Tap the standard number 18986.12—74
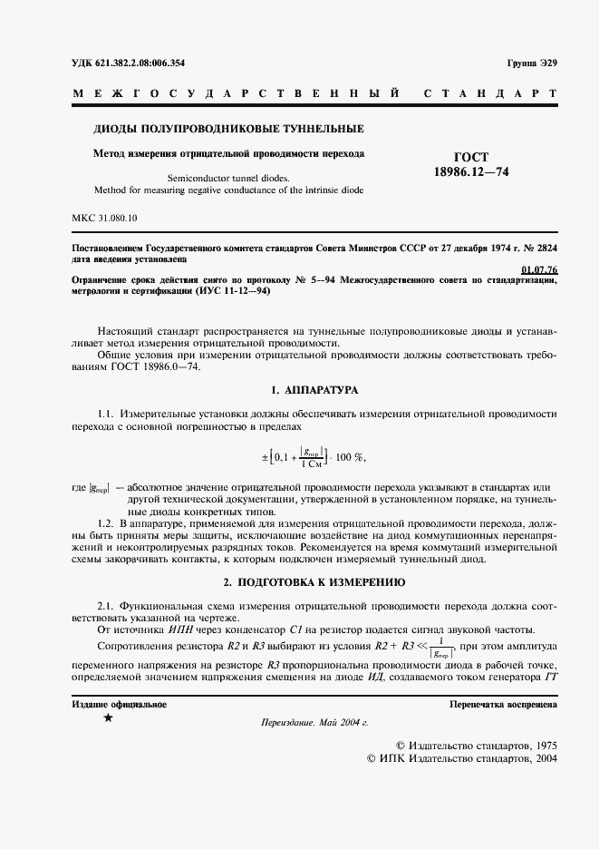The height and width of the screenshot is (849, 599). [471, 171]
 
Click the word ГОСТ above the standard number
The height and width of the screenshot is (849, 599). [471, 157]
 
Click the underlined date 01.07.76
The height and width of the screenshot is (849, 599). [540, 269]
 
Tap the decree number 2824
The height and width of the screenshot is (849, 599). [546, 248]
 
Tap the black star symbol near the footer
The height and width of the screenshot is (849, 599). [109, 718]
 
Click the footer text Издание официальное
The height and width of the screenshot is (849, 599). [119, 704]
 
